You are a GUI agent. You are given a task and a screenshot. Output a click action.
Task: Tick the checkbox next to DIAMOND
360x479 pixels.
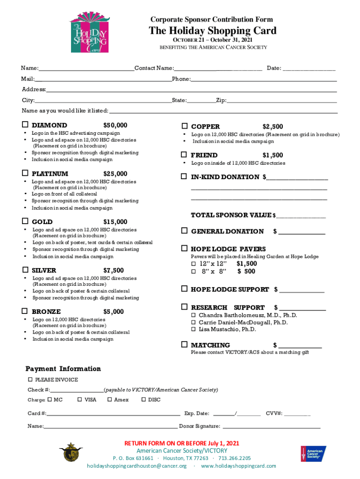click(x=25, y=125)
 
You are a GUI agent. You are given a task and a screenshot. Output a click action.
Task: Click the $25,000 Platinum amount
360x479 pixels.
click(x=115, y=174)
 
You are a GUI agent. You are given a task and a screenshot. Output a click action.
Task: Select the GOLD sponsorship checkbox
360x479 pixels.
click(x=25, y=222)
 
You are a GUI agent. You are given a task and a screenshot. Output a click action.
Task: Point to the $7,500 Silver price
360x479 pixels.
click(x=114, y=270)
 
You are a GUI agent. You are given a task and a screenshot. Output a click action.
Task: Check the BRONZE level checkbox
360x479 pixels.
click(x=25, y=312)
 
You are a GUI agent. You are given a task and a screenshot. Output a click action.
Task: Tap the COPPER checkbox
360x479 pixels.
click(x=185, y=127)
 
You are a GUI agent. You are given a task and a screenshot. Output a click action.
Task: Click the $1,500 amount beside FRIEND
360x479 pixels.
click(x=273, y=155)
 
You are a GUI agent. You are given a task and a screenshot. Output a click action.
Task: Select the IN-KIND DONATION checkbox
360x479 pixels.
click(x=185, y=177)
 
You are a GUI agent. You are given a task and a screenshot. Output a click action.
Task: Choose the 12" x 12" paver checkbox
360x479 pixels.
click(x=193, y=264)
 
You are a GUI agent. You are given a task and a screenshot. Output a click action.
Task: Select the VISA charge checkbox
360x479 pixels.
click(x=79, y=399)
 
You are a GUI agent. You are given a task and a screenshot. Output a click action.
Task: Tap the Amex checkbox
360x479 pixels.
click(x=109, y=399)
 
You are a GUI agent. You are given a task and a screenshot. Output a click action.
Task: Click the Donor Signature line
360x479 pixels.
click(x=271, y=427)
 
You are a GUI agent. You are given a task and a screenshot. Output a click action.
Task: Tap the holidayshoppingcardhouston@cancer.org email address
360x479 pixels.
click(x=137, y=466)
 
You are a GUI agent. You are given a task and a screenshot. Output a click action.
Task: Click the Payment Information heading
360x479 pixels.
click(x=63, y=369)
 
